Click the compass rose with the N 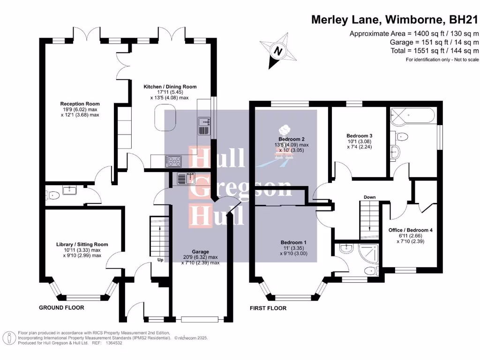278,51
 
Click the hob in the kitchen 173,161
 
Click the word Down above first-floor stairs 370,197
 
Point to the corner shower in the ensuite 368,253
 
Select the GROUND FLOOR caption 61,308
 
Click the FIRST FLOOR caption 268,308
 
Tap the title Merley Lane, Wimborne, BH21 395,20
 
